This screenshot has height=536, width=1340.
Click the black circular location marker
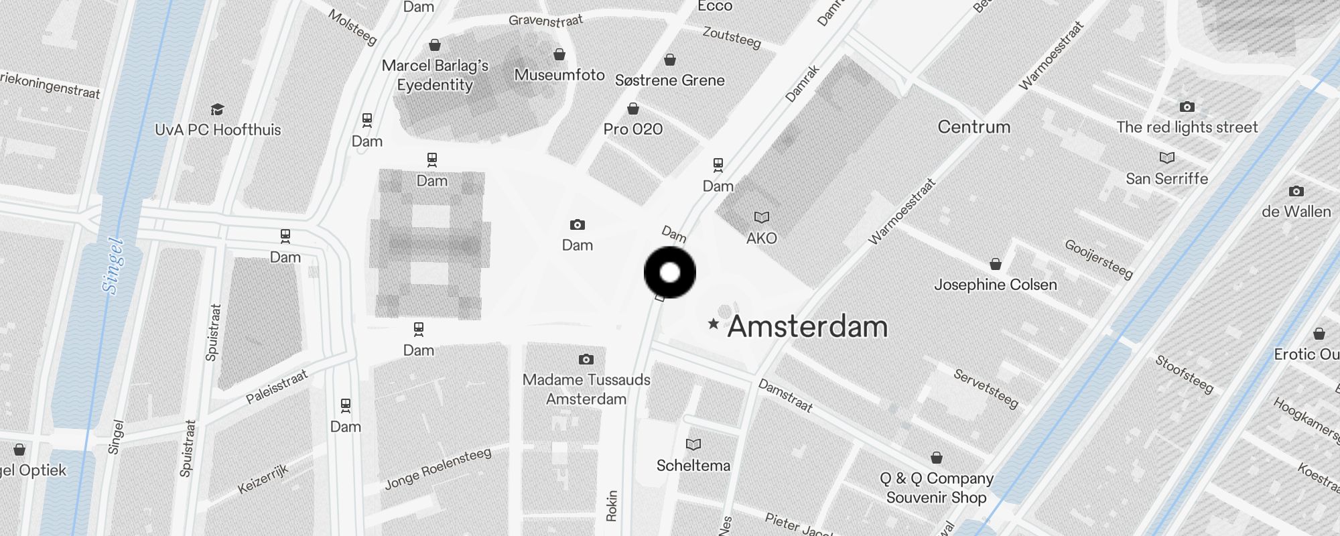tap(669, 273)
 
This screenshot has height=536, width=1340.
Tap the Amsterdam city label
tap(807, 326)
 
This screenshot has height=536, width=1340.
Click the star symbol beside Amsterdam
tap(714, 324)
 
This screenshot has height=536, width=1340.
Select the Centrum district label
tap(974, 127)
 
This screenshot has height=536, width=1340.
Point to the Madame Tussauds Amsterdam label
tap(586, 389)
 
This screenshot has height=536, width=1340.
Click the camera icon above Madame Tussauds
tap(586, 360)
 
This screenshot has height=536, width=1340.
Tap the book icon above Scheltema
tap(693, 444)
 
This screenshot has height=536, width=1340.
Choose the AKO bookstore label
tap(762, 238)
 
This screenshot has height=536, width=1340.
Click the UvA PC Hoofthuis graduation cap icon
tap(217, 109)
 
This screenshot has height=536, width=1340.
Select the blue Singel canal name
tap(113, 265)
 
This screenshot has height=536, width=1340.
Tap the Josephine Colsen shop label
tap(996, 285)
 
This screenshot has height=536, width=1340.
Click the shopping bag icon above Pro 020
tap(633, 109)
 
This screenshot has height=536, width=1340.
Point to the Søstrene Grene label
tap(670, 80)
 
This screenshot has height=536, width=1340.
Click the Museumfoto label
tap(559, 75)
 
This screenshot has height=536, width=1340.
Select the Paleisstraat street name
tap(277, 387)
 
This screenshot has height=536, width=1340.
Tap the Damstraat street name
tap(785, 395)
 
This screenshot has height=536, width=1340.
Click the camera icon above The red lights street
tap(1187, 107)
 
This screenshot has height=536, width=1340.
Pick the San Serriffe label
tap(1166, 179)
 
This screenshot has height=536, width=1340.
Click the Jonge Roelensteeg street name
tap(438, 469)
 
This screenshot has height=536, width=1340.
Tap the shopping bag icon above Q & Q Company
tap(937, 458)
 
